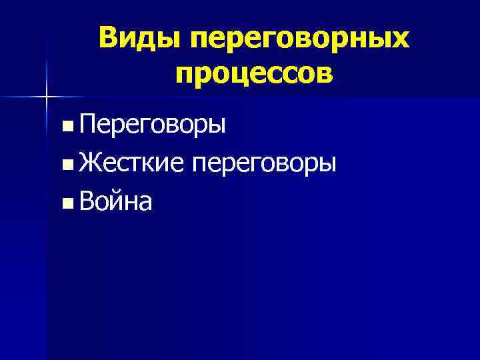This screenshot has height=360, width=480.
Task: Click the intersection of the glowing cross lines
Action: click(x=47, y=97)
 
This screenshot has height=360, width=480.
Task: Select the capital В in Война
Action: click(x=86, y=201)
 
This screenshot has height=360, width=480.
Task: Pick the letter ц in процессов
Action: click(x=239, y=75)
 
